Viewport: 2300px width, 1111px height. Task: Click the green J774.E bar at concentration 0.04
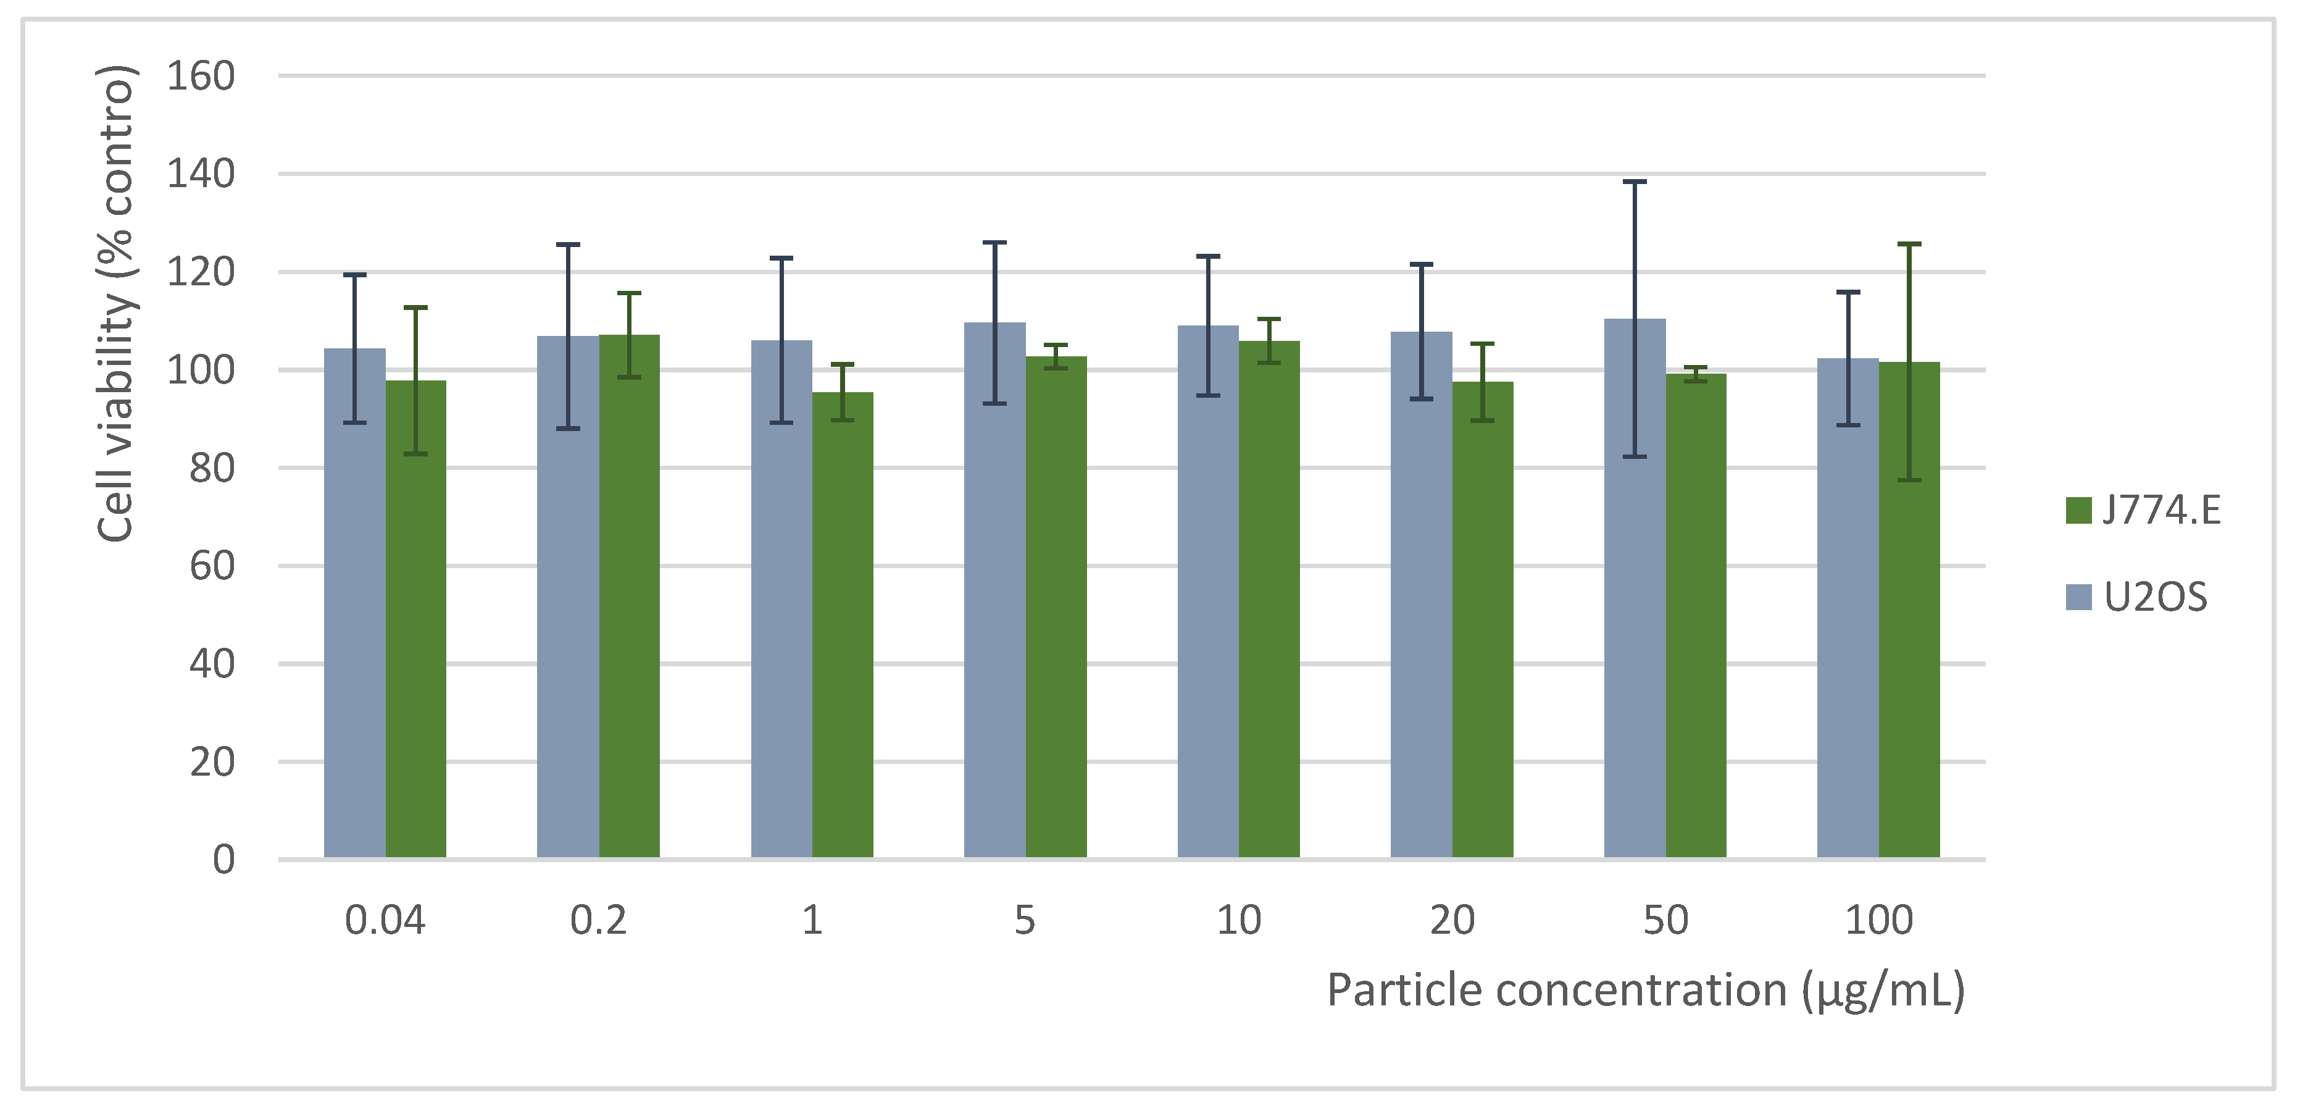pyautogui.click(x=415, y=625)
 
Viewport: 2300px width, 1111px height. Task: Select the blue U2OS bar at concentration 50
pyautogui.click(x=1634, y=598)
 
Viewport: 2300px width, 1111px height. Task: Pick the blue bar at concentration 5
pyautogui.click(x=994, y=598)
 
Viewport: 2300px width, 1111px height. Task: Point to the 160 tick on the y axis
pyautogui.click(x=201, y=77)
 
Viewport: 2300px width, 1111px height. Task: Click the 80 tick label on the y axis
pyautogui.click(x=212, y=468)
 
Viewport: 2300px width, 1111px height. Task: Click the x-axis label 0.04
pyautogui.click(x=385, y=920)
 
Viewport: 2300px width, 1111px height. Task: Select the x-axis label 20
pyautogui.click(x=1452, y=920)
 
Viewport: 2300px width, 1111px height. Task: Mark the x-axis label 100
pyautogui.click(x=1878, y=920)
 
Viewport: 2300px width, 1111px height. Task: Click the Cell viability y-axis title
pyautogui.click(x=116, y=304)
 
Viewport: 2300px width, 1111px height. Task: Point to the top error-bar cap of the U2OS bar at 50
pyautogui.click(x=1634, y=182)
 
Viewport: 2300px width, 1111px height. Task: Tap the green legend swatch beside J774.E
pyautogui.click(x=2078, y=511)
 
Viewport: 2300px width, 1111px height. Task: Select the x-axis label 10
pyautogui.click(x=1238, y=920)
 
